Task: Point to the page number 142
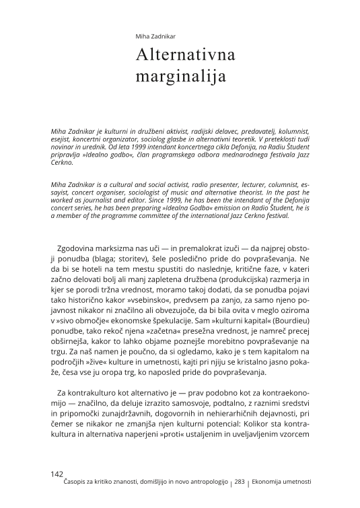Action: [x=57, y=474]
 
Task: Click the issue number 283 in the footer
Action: [x=240, y=483]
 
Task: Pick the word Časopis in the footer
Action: [x=73, y=483]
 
